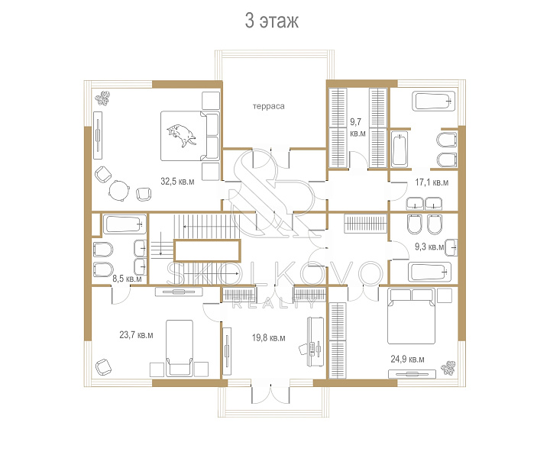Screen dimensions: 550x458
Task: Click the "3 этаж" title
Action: pos(271,21)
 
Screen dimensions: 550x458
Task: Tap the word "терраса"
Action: pos(269,106)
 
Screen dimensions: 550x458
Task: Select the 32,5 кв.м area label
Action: pos(177,182)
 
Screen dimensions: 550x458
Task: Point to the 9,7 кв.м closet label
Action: pos(357,127)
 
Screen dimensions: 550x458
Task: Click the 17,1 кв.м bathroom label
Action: pos(432,182)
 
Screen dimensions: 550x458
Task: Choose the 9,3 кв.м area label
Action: pos(429,247)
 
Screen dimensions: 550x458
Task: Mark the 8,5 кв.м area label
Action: pos(127,279)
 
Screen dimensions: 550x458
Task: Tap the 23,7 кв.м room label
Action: pos(136,335)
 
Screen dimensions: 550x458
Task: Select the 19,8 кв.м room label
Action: pos(268,338)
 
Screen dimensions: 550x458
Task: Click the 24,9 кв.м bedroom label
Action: pos(407,360)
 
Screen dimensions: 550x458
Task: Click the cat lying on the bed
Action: pos(181,135)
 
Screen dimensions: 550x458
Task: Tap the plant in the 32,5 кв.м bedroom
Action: pos(103,98)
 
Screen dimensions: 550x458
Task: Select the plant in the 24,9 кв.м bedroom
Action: pos(448,368)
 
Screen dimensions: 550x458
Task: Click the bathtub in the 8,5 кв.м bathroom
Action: pos(125,224)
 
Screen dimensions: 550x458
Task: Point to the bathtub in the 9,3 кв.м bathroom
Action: pos(429,272)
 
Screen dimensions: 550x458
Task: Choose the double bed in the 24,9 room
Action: pos(412,317)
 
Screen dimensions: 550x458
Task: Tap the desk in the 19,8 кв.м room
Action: pos(315,342)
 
